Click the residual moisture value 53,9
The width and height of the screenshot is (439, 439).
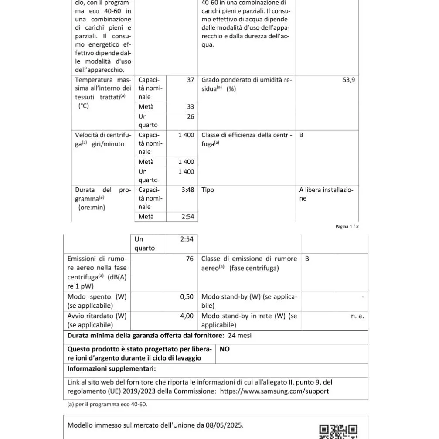349,80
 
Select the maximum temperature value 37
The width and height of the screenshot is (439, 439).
191,80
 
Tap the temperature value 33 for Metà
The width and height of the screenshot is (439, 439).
191,107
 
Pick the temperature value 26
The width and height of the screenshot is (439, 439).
191,117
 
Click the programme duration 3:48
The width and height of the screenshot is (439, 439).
187,190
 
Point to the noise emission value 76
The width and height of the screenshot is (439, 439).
190,259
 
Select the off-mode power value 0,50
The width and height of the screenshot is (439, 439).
187,297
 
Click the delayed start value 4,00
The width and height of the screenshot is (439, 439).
187,316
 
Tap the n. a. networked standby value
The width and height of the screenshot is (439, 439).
357,316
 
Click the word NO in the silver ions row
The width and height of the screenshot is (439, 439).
225,349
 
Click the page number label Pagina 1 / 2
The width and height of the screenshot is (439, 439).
347,226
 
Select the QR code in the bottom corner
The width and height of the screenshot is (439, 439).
338,432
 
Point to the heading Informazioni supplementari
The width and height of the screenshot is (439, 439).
111,369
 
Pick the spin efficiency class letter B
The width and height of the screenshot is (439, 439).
301,135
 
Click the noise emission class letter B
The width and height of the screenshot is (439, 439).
307,259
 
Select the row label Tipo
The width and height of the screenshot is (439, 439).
208,190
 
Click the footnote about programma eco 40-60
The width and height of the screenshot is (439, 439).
107,404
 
